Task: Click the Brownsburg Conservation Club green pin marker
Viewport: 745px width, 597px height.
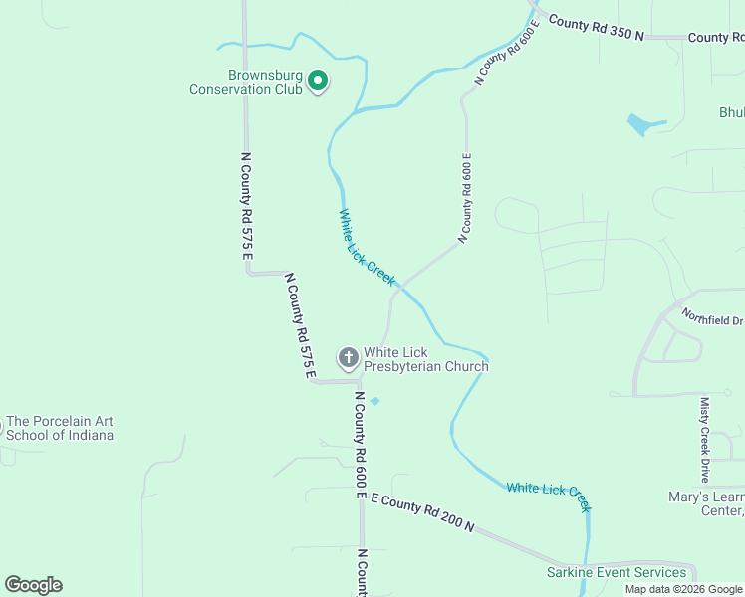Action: pos(318,80)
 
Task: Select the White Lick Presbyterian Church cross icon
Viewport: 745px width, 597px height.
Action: pos(348,357)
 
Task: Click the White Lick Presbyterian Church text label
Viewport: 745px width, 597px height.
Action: pos(425,359)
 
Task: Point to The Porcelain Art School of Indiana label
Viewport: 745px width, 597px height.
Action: pos(60,428)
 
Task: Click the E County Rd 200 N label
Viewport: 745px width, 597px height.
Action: pos(422,510)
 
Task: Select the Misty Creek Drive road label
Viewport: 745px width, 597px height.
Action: pos(705,440)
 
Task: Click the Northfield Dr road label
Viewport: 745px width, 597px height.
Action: pos(712,317)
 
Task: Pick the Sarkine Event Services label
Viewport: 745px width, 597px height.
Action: pos(617,572)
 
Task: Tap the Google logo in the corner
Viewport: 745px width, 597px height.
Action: pos(33,585)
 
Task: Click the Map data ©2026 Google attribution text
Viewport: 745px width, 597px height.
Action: pos(683,589)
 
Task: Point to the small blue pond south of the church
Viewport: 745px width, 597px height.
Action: pos(374,401)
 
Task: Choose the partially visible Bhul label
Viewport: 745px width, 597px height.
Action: pos(731,112)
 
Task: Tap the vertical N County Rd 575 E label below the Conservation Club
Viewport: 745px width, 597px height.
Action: pos(246,206)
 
